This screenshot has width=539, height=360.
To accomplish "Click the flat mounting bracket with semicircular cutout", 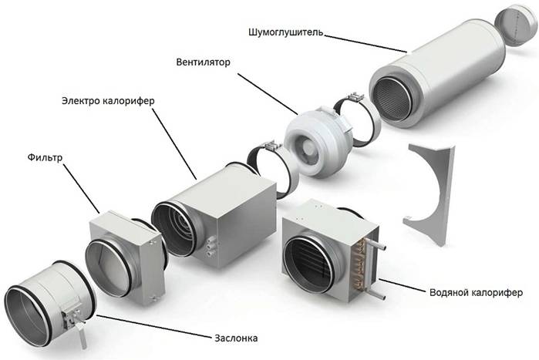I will point(432,185).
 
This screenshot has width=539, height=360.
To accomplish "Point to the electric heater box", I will point(231,200).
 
